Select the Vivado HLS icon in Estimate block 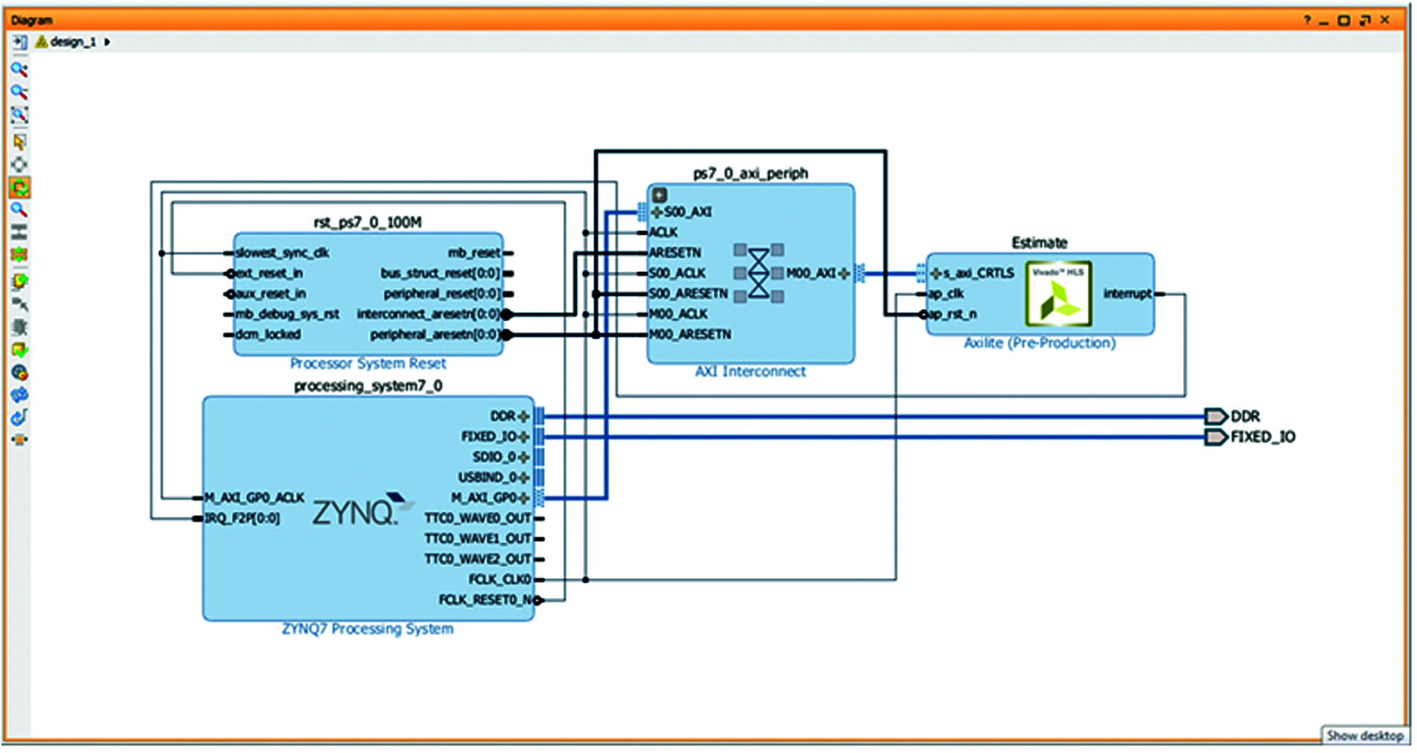pos(1058,294)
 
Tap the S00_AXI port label pos(687,212)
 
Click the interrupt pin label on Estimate pos(1127,294)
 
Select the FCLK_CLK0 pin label pos(500,580)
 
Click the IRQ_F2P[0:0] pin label pos(242,518)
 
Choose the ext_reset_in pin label pos(269,273)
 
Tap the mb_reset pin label pos(474,253)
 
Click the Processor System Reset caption pos(367,363)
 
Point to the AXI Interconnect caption pos(750,371)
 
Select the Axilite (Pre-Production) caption pos(1039,343)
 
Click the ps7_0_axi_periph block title pos(750,173)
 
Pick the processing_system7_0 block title pos(367,385)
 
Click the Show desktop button pos(1364,735)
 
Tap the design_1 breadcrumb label pos(73,42)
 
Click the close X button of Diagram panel pos(1384,20)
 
